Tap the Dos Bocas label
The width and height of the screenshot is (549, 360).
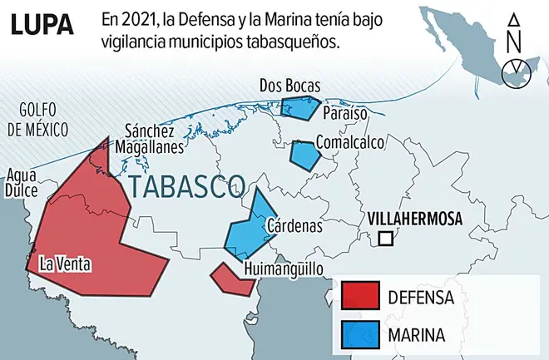click(x=289, y=85)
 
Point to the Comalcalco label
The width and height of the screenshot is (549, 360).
click(x=349, y=142)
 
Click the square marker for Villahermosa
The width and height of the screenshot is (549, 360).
click(x=385, y=239)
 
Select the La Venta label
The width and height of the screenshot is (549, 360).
click(x=67, y=264)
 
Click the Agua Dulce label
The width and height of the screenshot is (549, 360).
click(x=21, y=182)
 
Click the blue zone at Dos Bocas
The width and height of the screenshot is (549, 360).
click(x=299, y=108)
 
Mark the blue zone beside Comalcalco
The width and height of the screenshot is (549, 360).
click(x=304, y=154)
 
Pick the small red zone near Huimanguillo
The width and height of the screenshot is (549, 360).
click(x=232, y=279)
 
